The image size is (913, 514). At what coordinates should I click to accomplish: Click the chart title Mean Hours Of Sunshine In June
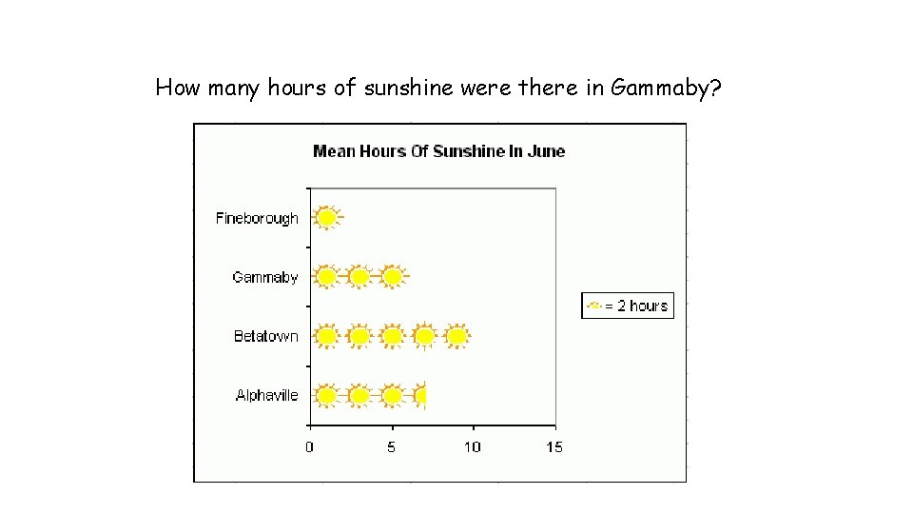pos(438,150)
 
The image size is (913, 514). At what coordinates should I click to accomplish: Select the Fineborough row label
pos(257,218)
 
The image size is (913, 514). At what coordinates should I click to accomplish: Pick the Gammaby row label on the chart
pos(265,277)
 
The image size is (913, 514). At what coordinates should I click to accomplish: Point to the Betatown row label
pos(266,336)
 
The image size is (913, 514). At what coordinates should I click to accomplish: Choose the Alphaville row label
pos(267,395)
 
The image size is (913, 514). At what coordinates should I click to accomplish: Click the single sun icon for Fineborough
pos(326,218)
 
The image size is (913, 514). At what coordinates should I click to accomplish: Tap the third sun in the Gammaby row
pos(392,277)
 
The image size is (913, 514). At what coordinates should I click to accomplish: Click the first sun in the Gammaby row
pos(326,277)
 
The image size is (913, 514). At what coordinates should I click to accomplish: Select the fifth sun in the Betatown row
pos(457,336)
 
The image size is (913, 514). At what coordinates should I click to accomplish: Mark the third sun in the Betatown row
pos(392,336)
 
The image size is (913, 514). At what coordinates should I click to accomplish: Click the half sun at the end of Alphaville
pos(420,395)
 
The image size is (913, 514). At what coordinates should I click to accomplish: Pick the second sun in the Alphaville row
pos(359,395)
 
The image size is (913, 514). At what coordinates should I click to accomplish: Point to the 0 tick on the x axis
pos(310,446)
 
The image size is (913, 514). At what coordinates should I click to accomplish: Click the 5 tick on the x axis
pos(391,446)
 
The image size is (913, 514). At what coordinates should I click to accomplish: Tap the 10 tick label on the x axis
pos(473,446)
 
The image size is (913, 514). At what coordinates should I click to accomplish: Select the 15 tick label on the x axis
pos(554,446)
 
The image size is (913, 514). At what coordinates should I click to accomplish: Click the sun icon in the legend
pos(595,306)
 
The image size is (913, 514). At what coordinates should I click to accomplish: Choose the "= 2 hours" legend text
pos(636,306)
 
